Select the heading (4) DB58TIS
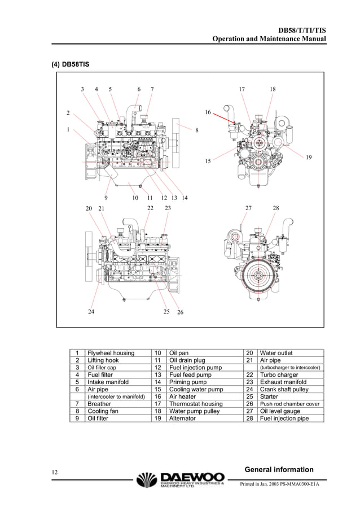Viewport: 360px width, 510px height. click(71, 64)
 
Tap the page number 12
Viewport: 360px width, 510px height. click(55, 472)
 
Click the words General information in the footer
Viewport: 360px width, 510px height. click(279, 469)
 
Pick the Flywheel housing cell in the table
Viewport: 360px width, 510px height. click(111, 353)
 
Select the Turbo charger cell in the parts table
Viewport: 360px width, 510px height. click(279, 375)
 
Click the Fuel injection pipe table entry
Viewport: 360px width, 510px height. click(284, 419)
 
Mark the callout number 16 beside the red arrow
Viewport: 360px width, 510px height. click(208, 112)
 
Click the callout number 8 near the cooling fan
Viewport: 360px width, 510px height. click(196, 130)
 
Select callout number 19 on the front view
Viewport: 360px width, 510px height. click(308, 157)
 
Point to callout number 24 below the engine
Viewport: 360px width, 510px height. click(91, 311)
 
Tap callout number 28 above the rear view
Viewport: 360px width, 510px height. click(275, 208)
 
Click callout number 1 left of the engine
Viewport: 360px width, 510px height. click(68, 129)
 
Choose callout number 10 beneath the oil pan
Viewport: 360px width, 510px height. click(135, 198)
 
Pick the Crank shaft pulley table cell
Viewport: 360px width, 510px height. click(284, 390)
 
